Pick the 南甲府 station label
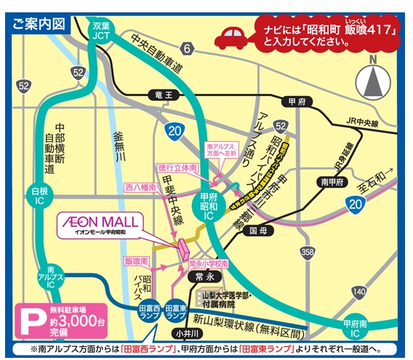click(x=327, y=183)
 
